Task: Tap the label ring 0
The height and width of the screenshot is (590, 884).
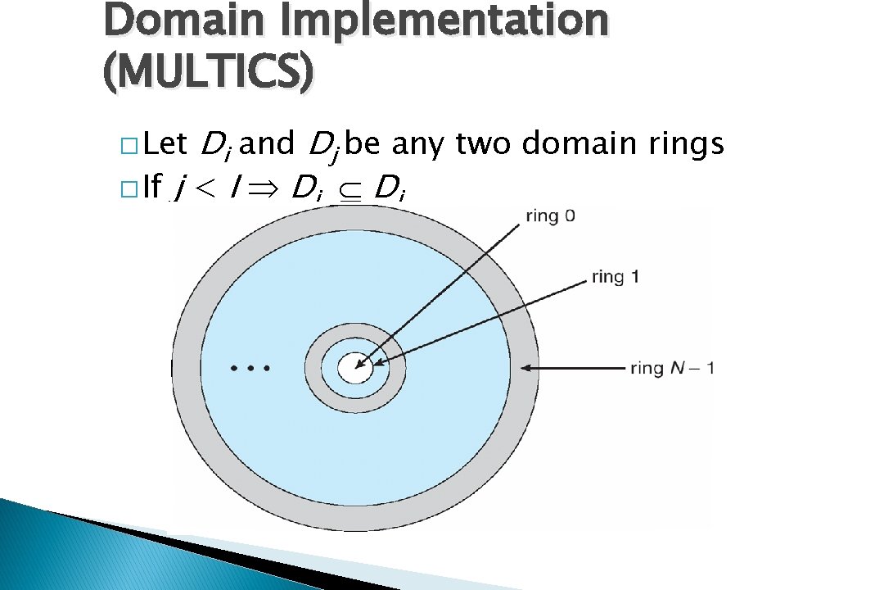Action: click(x=551, y=216)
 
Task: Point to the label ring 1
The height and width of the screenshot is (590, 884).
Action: click(x=615, y=277)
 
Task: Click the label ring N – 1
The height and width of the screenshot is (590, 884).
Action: click(x=672, y=368)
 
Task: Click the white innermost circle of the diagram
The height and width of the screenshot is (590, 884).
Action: click(x=355, y=367)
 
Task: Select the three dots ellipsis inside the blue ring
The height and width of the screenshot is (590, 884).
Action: click(x=250, y=369)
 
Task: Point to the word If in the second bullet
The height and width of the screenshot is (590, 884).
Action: click(x=151, y=188)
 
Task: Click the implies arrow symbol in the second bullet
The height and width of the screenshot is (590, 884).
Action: click(x=268, y=189)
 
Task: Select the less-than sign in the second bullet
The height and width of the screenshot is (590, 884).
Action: click(x=205, y=189)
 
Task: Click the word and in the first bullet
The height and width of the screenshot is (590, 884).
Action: click(x=269, y=145)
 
